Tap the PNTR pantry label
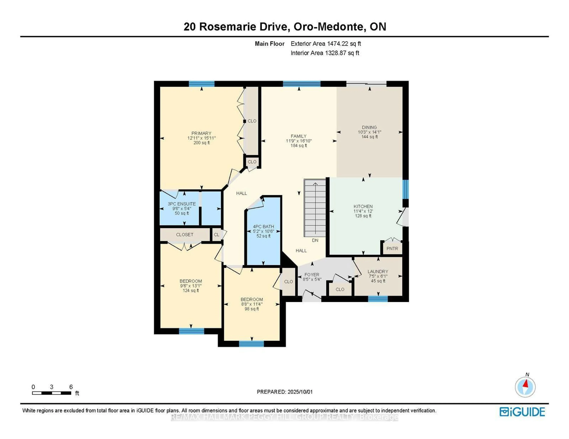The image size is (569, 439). pos(392,249)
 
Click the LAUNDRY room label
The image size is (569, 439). pos(378,271)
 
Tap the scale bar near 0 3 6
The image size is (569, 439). pos(52,393)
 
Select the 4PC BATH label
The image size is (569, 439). pos(263,226)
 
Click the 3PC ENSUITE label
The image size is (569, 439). pos(182,204)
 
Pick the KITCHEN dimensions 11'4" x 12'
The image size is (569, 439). pos(363,211)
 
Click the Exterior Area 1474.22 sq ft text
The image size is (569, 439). pos(326,44)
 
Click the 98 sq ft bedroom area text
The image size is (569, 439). pos(251,309)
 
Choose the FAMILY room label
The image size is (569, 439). pos(299,136)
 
